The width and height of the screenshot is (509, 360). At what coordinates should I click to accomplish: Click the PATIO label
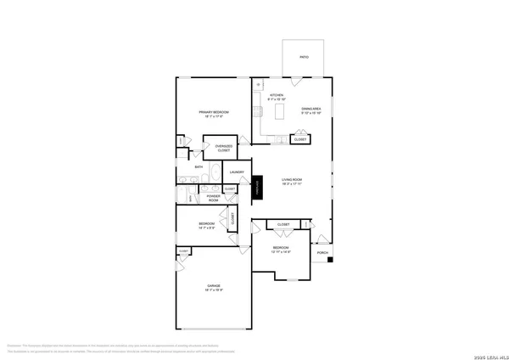point(304,57)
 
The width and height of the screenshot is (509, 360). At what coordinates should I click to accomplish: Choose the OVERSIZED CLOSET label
point(223,148)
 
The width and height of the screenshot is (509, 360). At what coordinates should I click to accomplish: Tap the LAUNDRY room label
point(237,172)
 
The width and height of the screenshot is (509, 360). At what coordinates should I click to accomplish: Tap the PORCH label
point(322,253)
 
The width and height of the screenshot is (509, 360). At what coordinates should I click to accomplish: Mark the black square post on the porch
point(333,259)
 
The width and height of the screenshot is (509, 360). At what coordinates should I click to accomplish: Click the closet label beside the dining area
point(300,139)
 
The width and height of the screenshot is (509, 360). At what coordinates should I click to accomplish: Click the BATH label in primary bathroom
point(199,167)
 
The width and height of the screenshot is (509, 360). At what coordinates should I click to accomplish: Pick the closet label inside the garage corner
point(183,252)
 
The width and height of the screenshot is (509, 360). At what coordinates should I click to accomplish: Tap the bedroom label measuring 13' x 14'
point(282,250)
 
